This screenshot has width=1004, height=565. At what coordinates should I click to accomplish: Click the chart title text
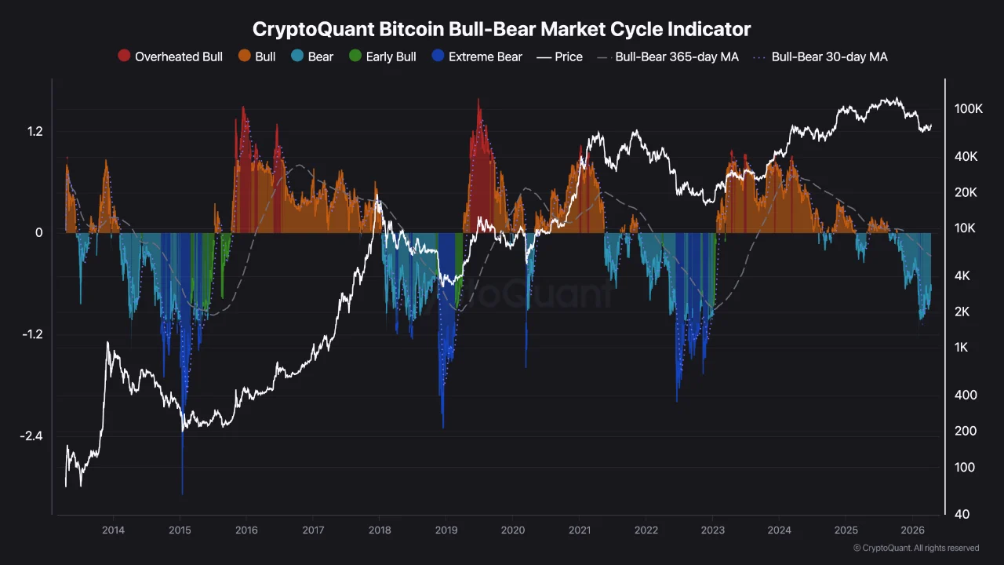(501, 29)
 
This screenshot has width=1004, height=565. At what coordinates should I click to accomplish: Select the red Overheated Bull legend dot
(124, 56)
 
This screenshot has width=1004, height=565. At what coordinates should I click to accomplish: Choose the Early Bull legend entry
(382, 56)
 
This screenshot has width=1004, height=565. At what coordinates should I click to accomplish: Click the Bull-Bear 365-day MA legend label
(676, 56)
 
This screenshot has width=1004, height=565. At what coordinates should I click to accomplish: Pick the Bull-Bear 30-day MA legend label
(829, 56)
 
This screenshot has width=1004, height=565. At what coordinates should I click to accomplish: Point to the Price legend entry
(568, 56)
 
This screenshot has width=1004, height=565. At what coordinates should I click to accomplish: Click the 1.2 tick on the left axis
(35, 131)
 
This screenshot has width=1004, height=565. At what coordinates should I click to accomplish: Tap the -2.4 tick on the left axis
(31, 436)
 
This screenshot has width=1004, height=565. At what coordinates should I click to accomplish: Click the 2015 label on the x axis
(180, 530)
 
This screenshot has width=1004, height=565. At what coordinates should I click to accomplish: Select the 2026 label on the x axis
(912, 530)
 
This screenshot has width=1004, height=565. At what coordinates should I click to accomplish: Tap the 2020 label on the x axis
(513, 530)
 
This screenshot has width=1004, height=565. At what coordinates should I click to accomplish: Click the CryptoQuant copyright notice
(915, 548)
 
